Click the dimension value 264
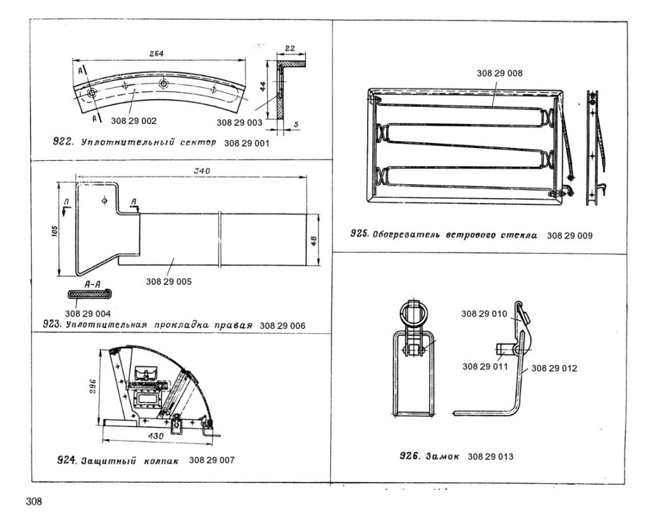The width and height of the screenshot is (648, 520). (x=157, y=54)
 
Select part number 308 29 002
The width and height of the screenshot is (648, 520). (x=134, y=121)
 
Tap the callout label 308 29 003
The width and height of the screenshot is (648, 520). (x=239, y=123)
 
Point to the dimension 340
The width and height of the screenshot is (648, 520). (x=202, y=171)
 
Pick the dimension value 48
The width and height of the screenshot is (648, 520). (x=314, y=241)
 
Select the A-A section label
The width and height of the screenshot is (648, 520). (x=92, y=285)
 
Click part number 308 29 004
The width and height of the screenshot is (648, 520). (x=87, y=314)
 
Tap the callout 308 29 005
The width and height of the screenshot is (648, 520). (x=168, y=282)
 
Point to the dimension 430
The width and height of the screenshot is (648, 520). (x=156, y=436)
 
